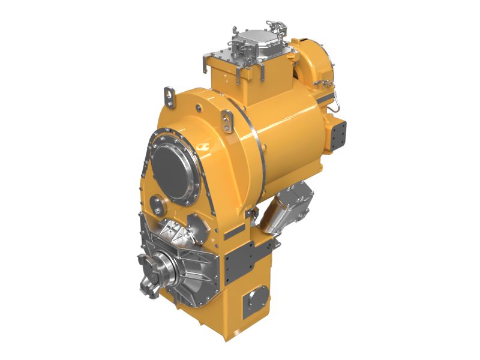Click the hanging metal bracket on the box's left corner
207,63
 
